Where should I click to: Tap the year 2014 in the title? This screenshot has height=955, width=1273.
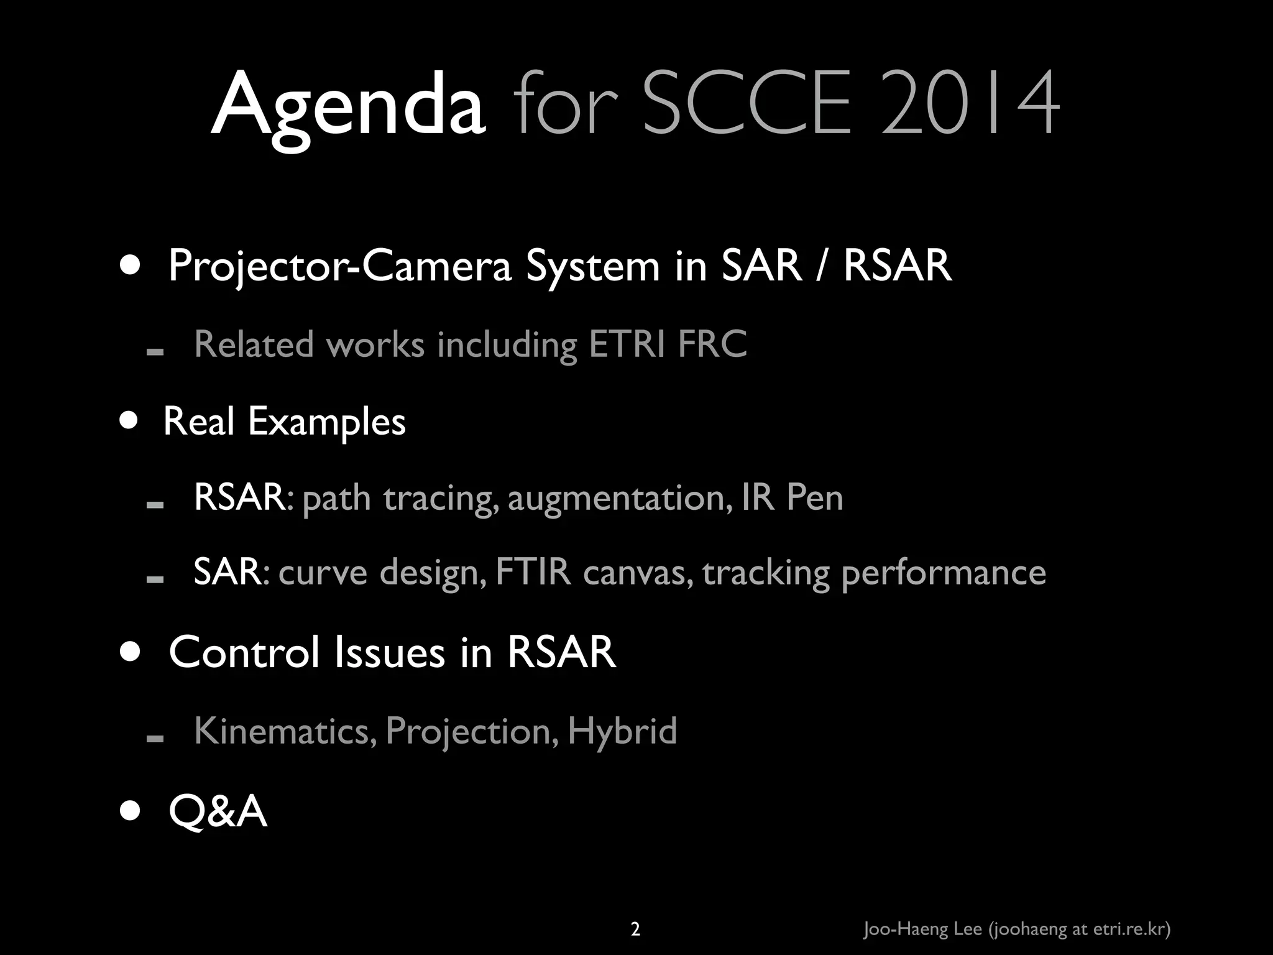[970, 103]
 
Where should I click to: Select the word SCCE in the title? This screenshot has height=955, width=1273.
[746, 103]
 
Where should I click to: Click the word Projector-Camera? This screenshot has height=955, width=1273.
[339, 266]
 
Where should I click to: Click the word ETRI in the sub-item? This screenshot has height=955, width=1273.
[627, 344]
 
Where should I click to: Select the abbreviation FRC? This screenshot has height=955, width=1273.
[712, 344]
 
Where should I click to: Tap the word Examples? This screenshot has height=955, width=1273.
[327, 423]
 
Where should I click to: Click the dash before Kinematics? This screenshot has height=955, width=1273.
[155, 738]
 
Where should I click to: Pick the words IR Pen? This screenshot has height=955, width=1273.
[792, 497]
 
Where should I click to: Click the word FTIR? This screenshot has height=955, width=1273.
[533, 572]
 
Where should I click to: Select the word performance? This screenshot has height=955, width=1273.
[943, 573]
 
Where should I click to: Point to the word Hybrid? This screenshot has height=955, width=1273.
[622, 731]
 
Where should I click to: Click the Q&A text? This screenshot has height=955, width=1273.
[218, 811]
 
